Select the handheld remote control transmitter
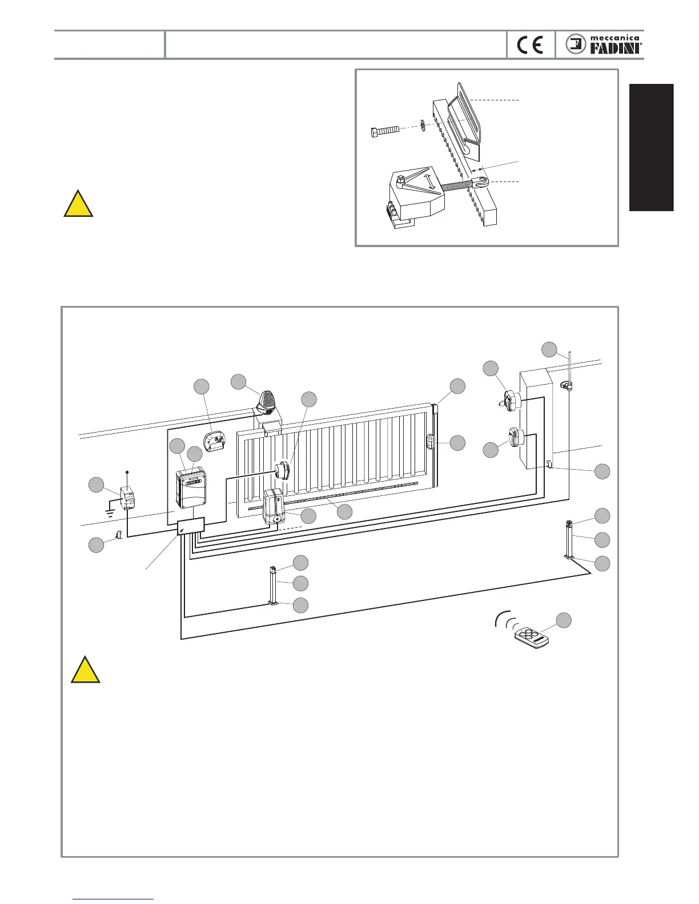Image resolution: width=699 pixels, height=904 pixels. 531,638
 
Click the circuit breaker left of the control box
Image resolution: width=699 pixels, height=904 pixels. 127,498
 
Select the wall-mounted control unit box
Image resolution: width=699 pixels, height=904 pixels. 191,487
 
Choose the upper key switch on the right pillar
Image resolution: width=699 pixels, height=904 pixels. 509,400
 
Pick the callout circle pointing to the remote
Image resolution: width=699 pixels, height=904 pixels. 564,620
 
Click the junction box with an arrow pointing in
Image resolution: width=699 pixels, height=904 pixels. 191,527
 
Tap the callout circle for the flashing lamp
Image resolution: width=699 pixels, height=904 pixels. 238,382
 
